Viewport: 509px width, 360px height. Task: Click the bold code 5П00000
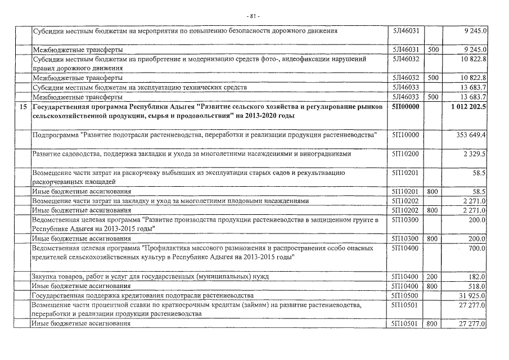pos(406,106)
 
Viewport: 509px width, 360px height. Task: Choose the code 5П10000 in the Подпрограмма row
pos(406,136)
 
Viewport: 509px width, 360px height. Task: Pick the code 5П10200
pos(406,154)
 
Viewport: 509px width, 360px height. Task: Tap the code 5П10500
pos(406,295)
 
